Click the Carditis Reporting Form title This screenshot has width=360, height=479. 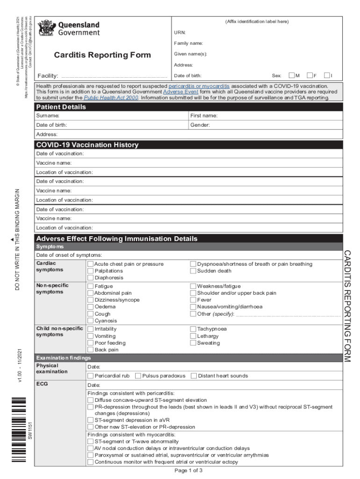(102, 55)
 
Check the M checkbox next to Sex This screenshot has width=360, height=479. (292, 75)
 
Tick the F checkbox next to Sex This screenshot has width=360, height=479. (310, 75)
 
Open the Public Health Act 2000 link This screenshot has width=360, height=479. (111, 98)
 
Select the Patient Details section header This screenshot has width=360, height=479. (61, 107)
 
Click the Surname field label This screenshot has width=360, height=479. (48, 116)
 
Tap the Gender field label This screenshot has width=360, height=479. (200, 125)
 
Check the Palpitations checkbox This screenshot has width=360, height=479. (91, 271)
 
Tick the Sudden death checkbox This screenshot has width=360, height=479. (193, 271)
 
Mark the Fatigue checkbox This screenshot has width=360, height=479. (91, 286)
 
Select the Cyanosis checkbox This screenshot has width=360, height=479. (91, 321)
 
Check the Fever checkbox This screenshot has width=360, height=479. (193, 300)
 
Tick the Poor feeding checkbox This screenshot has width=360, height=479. (91, 343)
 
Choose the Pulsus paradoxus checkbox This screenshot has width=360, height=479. (138, 376)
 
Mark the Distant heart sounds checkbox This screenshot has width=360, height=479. (194, 376)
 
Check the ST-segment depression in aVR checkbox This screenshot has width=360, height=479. (91, 420)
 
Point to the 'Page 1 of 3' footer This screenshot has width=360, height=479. (188, 471)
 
